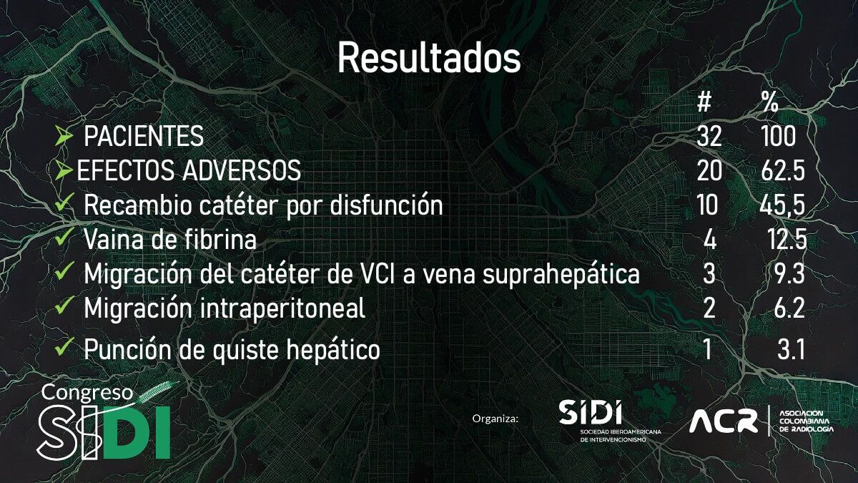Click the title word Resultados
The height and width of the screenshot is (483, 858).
click(x=429, y=58)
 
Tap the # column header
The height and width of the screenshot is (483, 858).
click(x=704, y=102)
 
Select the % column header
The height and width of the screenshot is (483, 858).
click(x=770, y=102)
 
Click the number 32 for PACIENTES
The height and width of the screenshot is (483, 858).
click(x=709, y=136)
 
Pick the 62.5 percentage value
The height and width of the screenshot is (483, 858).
click(x=783, y=170)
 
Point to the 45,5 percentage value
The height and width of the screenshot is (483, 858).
click(x=782, y=205)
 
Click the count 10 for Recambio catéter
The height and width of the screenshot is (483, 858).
click(x=707, y=205)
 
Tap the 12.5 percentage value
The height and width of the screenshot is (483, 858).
click(x=788, y=240)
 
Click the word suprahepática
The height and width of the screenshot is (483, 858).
click(x=561, y=275)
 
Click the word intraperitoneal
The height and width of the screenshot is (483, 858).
click(x=282, y=308)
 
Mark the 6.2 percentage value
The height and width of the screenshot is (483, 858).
click(x=789, y=308)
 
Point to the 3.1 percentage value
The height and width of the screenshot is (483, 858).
click(x=791, y=350)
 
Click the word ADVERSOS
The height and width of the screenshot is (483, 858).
click(x=242, y=170)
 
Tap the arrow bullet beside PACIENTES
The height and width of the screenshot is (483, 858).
click(x=64, y=135)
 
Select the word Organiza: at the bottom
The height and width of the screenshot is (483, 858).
click(x=495, y=418)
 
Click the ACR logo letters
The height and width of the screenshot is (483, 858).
click(x=724, y=421)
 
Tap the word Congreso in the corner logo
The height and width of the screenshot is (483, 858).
click(x=87, y=392)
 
